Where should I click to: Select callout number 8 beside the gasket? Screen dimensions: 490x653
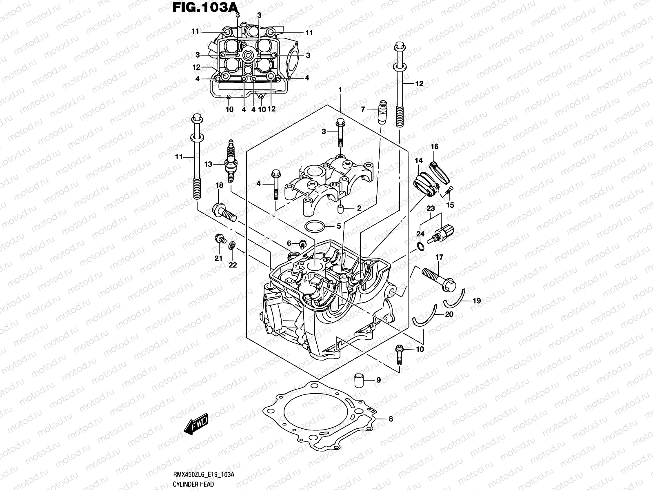click(391, 419)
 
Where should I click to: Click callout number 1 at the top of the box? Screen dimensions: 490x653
click(340, 89)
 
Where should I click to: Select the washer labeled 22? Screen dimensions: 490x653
click(231, 245)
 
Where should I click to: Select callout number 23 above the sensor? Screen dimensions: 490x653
click(431, 208)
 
